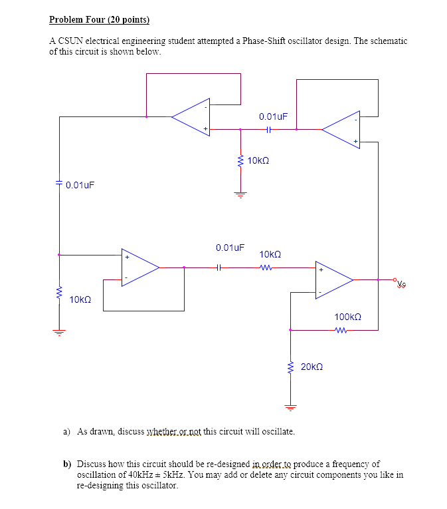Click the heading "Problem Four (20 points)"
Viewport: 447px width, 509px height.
click(x=100, y=19)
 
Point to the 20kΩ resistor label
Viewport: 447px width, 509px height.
click(x=312, y=367)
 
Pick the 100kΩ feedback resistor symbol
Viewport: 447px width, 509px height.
click(x=341, y=330)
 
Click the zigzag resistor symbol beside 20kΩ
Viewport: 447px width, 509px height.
click(x=290, y=367)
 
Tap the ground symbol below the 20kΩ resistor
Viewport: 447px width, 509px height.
click(x=290, y=407)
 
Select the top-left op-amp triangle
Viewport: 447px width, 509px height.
click(x=191, y=117)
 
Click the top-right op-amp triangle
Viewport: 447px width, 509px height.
click(x=341, y=130)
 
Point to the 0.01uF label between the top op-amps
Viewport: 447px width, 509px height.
click(x=273, y=116)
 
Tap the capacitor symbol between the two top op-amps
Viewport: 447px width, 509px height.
click(x=268, y=130)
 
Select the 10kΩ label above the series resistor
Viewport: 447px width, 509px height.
click(x=270, y=254)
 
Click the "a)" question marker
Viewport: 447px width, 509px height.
click(x=67, y=431)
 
